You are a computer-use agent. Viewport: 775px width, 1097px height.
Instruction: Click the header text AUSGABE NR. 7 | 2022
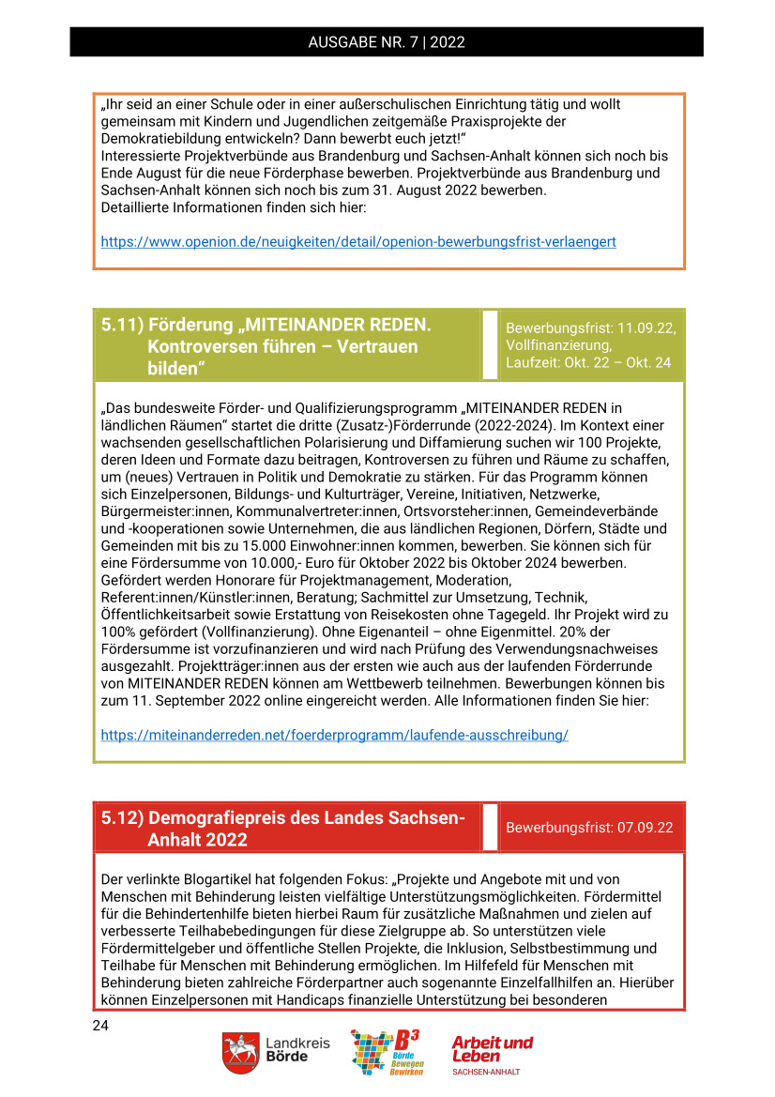387,42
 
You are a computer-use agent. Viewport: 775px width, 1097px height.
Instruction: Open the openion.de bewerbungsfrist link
358,242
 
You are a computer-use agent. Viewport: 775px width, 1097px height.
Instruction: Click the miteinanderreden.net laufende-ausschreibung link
334,735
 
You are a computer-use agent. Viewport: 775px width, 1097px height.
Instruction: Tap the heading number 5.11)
122,325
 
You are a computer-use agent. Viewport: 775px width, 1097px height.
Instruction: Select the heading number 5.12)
122,817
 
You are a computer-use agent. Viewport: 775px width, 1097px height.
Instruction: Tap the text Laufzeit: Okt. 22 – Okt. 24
588,362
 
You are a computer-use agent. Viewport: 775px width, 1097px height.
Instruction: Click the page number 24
100,1026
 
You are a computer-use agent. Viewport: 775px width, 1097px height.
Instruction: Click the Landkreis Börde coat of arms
240,1054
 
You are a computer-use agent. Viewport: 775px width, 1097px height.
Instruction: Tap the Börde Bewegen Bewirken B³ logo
386,1052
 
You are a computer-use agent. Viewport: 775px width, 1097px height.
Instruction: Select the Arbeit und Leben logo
492,1054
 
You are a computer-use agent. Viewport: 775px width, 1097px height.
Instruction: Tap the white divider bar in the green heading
490,345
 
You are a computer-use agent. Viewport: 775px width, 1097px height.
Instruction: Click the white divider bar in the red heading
490,828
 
